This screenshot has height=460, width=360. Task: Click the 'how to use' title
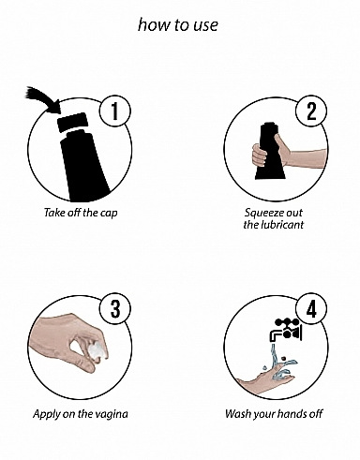177,24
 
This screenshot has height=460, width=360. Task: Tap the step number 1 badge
115,111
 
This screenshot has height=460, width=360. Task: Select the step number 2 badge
311,111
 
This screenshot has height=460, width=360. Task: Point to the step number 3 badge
115,309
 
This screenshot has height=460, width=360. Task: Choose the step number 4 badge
311,309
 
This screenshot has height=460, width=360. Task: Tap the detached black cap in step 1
72,121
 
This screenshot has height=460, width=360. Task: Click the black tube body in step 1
83,167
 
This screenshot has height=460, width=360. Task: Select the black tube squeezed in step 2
271,152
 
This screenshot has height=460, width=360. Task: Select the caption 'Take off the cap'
81,213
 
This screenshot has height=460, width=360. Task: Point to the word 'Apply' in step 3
47,415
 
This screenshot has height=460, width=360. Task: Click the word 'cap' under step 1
109,214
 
